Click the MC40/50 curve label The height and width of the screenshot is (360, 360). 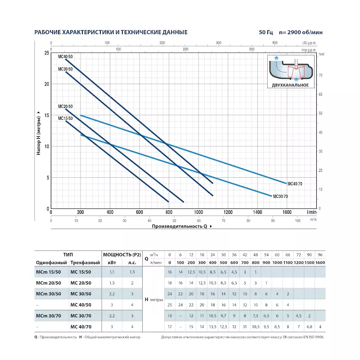(65, 56)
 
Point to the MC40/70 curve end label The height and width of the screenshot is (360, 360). (294, 184)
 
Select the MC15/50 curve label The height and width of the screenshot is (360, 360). (65, 118)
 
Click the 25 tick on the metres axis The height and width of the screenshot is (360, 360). (46, 53)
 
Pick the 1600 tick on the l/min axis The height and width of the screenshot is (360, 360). (287, 212)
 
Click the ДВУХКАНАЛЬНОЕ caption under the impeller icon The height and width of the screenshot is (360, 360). (290, 85)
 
